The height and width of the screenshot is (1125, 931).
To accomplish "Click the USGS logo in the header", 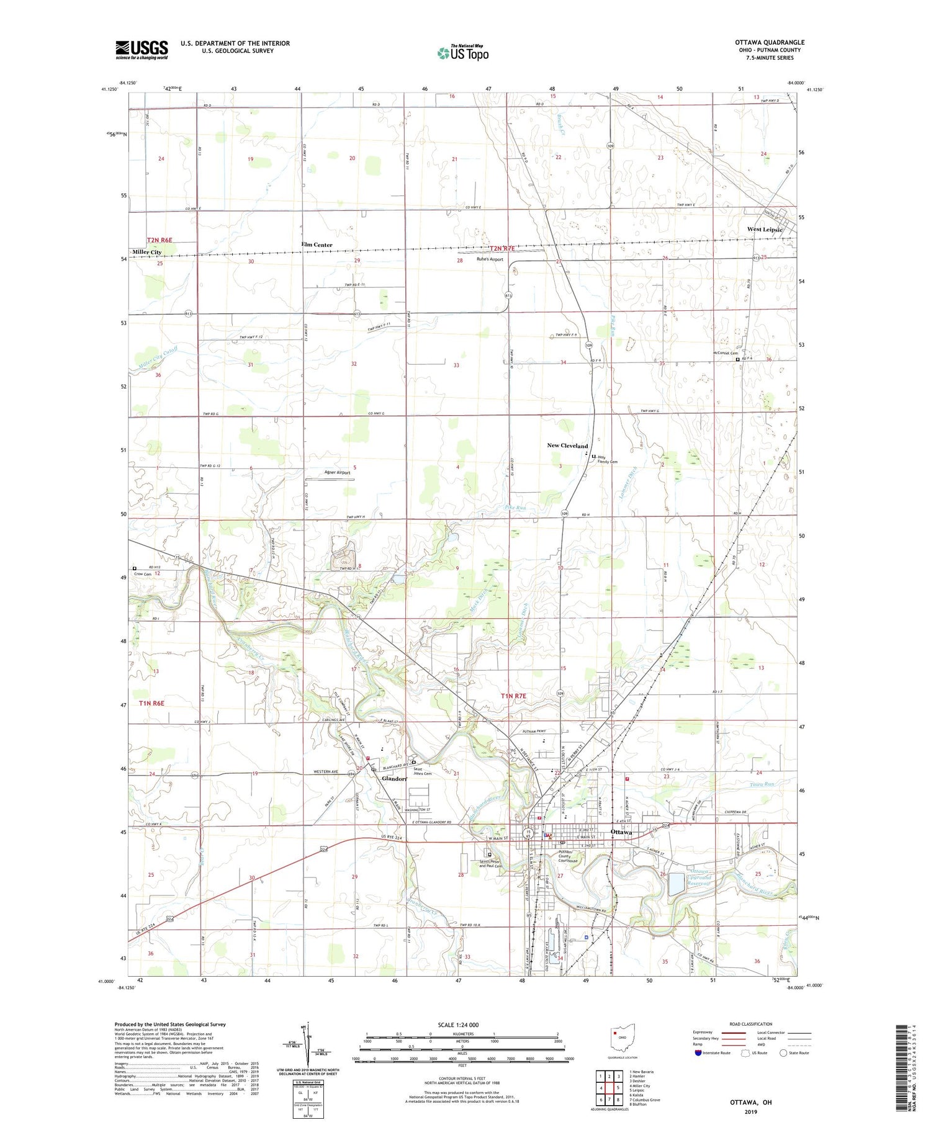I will pos(142,50).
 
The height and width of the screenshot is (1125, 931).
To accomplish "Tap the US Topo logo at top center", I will pos(463,53).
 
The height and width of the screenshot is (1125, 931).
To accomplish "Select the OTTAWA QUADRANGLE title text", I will pos(770,43).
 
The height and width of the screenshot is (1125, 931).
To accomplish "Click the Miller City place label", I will pos(147,252).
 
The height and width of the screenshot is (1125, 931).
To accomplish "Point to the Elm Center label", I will pos(317,245).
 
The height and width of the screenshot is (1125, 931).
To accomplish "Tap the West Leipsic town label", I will pos(765,230).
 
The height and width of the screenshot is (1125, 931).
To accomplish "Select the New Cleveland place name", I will pos(567,446).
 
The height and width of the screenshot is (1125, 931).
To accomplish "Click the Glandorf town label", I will pos(394,779).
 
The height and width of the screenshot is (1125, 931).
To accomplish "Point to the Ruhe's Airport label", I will pos(490,259).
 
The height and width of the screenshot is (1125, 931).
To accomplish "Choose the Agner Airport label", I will pos(338,472).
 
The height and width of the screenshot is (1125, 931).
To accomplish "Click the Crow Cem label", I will pos(143,574).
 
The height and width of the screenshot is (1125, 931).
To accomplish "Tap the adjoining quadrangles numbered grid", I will pos(609,1088).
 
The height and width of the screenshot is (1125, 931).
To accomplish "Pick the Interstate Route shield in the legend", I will pos(698,1053).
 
